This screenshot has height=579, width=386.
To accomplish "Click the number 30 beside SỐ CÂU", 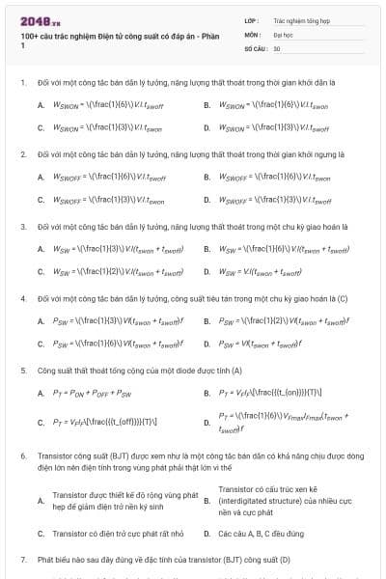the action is (278, 47).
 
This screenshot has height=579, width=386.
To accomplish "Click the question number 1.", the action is (22, 82).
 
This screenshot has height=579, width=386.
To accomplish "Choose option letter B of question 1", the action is (207, 104).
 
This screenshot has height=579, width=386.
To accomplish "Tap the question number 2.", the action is (22, 153).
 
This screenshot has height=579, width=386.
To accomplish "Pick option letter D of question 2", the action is (207, 200).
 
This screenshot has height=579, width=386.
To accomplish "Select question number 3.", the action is (22, 226).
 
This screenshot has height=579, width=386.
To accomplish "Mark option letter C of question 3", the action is (41, 271).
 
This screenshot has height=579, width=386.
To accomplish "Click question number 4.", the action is (22, 298).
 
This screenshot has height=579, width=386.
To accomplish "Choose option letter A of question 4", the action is (41, 320).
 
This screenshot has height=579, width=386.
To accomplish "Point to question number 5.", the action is (22, 370).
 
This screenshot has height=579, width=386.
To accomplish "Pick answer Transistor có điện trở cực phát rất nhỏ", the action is (111, 534).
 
